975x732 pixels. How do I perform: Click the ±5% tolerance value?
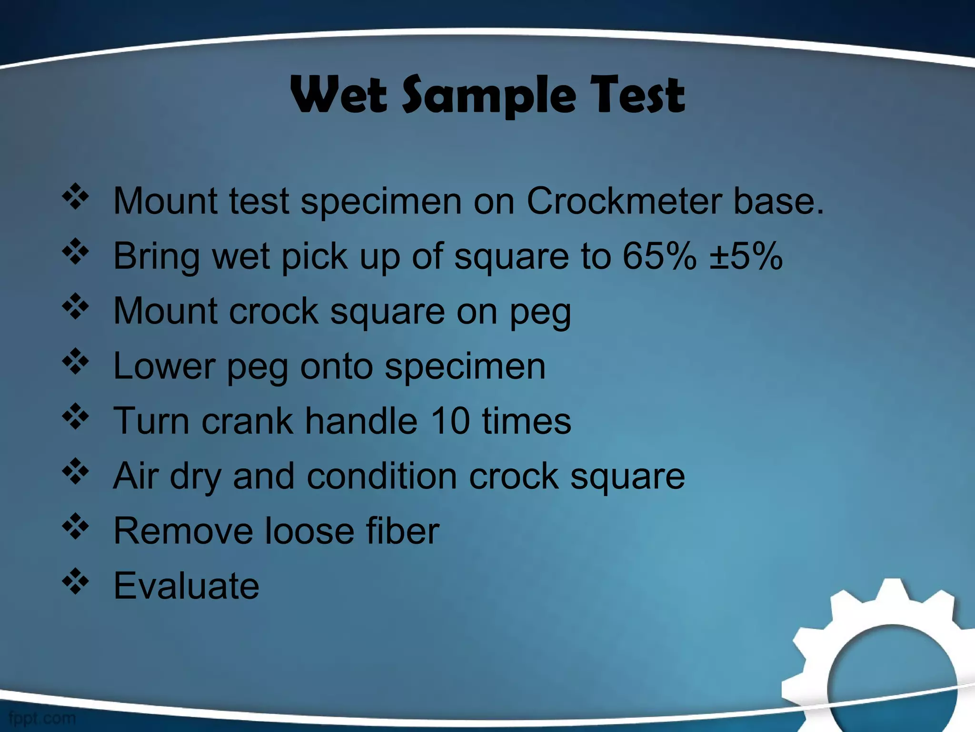[746, 256]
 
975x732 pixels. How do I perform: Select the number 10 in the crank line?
[451, 421]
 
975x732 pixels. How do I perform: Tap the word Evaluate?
[186, 586]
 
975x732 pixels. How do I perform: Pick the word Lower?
[164, 366]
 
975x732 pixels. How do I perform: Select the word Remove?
[183, 531]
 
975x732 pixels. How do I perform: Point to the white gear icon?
[881, 662]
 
